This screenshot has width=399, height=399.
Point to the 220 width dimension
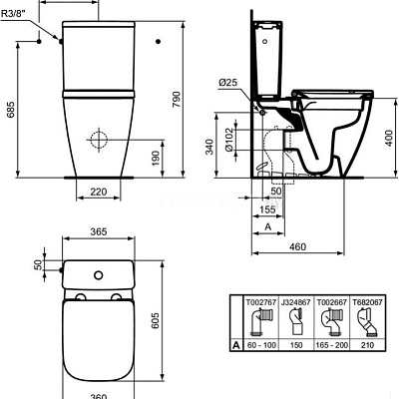(97, 192)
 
